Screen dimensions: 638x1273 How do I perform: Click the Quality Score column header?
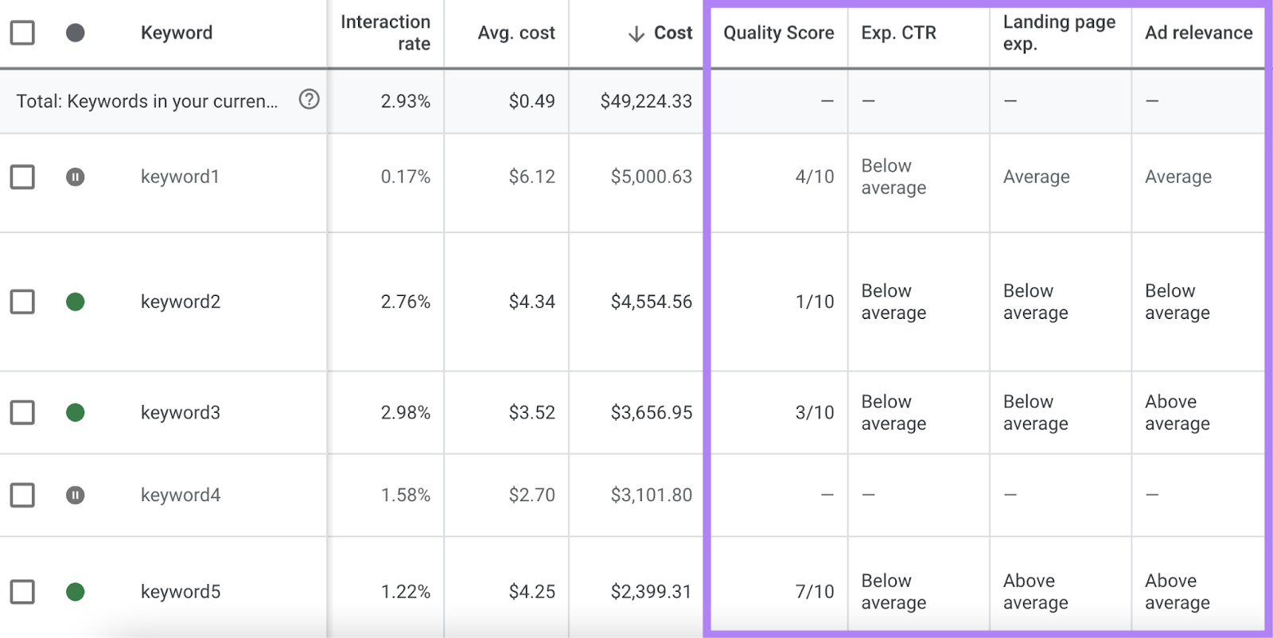778,33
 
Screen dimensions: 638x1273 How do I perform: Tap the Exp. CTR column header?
898,33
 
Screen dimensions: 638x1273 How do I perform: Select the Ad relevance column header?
1198,33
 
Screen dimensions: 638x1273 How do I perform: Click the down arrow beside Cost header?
636,34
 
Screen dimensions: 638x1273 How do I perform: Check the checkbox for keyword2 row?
22,301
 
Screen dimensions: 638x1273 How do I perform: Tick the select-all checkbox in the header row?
22,33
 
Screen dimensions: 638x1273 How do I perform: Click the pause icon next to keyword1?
76,177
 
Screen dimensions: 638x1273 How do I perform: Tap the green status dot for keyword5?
76,592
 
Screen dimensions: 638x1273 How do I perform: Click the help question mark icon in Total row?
309,99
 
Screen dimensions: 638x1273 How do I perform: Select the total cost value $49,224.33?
645,101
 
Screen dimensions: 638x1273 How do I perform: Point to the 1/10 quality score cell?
814,301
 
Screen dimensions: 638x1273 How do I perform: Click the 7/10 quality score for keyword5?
814,592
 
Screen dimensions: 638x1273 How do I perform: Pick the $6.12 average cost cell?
531,177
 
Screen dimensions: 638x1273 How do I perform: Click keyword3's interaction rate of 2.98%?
405,413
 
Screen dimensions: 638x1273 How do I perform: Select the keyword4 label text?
181,495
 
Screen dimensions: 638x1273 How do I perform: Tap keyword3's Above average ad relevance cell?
1177,413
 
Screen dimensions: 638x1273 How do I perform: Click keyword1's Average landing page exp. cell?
1036,177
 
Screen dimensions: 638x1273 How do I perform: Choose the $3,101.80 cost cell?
651,495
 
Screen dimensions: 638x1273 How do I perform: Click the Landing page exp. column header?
1058,33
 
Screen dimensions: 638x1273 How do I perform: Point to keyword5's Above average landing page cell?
1035,592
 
